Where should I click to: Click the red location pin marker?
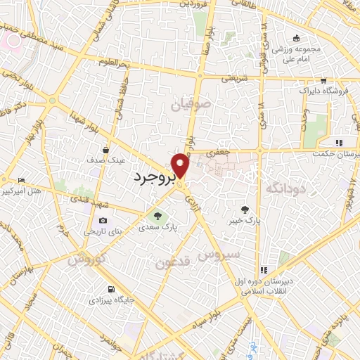[x=181, y=166]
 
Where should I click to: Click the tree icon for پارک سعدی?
[x=157, y=216]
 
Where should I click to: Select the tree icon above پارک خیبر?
[x=245, y=209]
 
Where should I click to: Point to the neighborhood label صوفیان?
[x=190, y=105]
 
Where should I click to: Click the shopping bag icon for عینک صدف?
[x=105, y=150]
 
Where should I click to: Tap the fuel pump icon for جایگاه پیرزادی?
[x=112, y=289]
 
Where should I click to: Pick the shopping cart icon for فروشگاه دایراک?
[x=323, y=80]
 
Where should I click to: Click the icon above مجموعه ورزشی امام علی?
[x=297, y=39]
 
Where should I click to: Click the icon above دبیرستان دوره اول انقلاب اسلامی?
[x=264, y=269]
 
